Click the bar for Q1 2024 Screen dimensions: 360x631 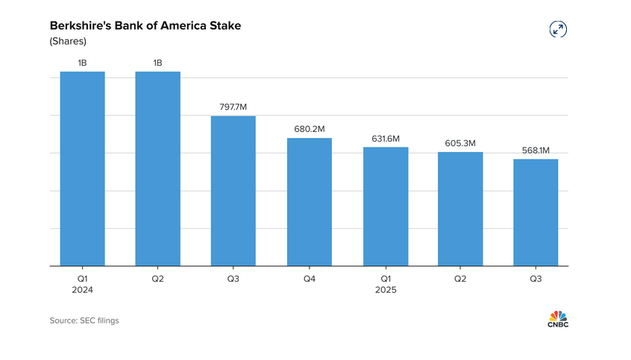82,168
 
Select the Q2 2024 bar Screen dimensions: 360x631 157,168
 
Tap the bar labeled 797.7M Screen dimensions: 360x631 233,191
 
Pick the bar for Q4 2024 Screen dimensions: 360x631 309,202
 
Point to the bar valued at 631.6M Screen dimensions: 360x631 386,206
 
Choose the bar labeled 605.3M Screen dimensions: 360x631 460,209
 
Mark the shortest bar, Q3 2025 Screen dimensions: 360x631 536,212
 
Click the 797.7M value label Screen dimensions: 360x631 233,107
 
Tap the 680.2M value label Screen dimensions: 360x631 310,129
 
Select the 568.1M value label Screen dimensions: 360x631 536,150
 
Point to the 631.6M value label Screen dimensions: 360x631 386,139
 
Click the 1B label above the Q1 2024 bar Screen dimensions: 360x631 82,63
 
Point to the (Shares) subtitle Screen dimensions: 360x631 68,42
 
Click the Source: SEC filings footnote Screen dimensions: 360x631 84,320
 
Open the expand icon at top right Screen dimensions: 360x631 557,29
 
